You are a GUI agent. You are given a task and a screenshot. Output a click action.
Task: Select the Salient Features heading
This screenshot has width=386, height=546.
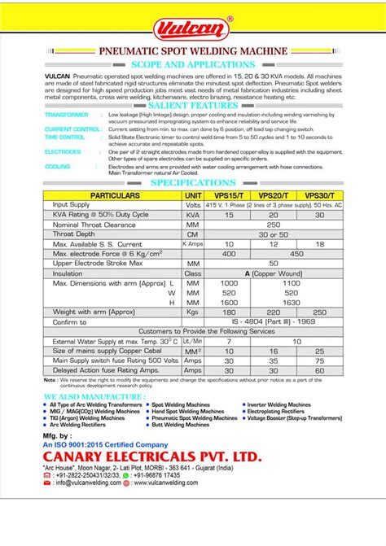(193, 106)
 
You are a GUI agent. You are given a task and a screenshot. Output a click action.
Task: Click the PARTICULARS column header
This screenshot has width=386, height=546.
(114, 196)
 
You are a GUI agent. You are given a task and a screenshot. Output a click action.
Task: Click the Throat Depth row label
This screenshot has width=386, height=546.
(74, 234)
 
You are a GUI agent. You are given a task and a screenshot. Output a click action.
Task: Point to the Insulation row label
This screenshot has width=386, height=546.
(68, 273)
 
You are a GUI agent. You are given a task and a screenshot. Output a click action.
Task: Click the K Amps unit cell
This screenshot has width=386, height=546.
(193, 243)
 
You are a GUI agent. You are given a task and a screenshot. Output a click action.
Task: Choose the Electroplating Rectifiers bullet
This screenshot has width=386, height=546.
(279, 411)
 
